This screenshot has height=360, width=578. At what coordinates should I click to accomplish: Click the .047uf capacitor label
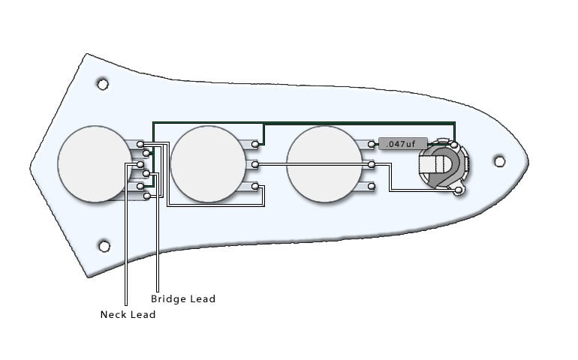pos(403,144)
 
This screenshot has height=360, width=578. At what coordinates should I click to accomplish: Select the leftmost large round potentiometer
pos(95,164)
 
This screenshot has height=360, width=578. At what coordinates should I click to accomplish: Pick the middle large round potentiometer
pos(208,164)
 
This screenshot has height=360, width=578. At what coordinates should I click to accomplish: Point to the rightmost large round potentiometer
pos(324,164)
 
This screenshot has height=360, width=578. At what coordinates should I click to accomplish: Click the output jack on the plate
pos(444,166)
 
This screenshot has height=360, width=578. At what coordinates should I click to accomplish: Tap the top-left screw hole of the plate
pos(103,85)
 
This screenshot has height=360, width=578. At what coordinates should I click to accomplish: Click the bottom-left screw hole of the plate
pos(104,246)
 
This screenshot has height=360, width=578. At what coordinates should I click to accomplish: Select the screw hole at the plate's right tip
pos(499,161)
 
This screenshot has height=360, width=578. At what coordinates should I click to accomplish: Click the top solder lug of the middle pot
pos(254,144)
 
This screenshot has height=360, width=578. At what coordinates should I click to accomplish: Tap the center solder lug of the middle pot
pos(254,164)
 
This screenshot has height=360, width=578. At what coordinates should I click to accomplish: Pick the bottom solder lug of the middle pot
pos(254,187)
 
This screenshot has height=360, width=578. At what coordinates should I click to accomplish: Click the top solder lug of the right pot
pos(372,145)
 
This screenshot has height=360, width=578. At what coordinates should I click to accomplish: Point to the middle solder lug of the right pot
pos(372,164)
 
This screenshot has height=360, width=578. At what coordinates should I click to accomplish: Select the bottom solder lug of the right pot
pos(372,187)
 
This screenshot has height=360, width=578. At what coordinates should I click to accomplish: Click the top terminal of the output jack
pos(454,145)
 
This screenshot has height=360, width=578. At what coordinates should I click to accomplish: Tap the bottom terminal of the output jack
pos(459,190)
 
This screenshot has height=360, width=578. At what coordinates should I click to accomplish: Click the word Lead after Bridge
pos(203,298)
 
